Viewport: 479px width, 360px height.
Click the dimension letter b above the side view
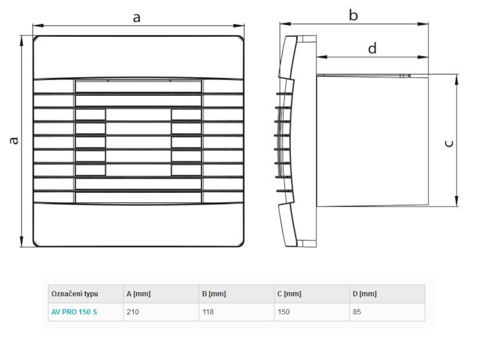coord(353,16)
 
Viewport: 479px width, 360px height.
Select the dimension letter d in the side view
coord(372,48)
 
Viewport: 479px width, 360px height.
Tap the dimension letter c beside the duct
coord(449,143)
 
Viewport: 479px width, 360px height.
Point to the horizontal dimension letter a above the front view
coord(137,17)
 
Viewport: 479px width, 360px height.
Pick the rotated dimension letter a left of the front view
coord(14,140)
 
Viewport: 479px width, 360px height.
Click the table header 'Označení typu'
coord(75,294)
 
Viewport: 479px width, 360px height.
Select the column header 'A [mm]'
coord(139,294)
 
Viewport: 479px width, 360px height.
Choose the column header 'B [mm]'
coord(214,294)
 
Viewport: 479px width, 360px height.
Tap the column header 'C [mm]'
coord(289,294)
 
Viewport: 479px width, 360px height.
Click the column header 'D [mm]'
coord(364,294)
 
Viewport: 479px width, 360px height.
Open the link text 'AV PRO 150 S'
coord(74,312)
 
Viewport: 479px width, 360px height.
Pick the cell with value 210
coord(133,312)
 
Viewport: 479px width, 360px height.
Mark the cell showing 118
coord(208,312)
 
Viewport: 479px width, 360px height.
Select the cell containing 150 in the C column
coord(283,312)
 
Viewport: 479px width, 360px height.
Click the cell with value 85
coord(357,312)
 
